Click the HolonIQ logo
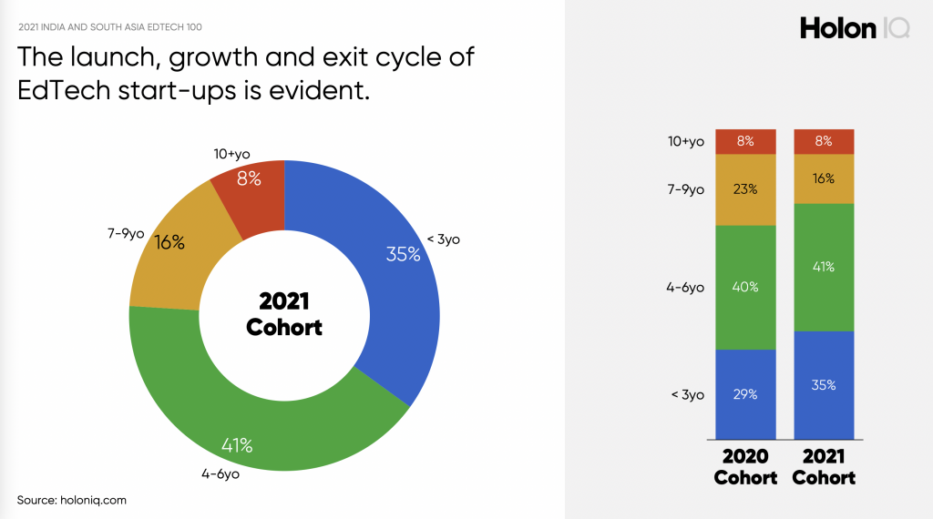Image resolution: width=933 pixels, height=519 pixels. pyautogui.click(x=855, y=28)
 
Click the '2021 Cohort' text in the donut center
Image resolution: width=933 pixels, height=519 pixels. pyautogui.click(x=284, y=314)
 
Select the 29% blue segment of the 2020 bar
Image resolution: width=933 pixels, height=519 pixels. pyautogui.click(x=745, y=394)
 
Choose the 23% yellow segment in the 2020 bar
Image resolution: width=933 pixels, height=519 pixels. pyautogui.click(x=745, y=189)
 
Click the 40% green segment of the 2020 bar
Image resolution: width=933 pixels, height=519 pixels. pyautogui.click(x=745, y=287)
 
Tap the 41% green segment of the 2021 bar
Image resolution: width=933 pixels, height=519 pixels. pyautogui.click(x=824, y=267)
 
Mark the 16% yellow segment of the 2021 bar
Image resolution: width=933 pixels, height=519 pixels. pyautogui.click(x=824, y=179)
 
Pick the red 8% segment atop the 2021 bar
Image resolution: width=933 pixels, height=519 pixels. pyautogui.click(x=824, y=141)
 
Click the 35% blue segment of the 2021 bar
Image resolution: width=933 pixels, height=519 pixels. pyautogui.click(x=824, y=385)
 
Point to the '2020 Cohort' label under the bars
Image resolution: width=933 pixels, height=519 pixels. pyautogui.click(x=745, y=467)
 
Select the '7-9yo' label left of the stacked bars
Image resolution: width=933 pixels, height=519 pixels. pyautogui.click(x=685, y=189)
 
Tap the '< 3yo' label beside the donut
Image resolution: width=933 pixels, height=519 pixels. pyautogui.click(x=444, y=239)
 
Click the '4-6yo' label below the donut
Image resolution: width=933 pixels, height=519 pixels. pyautogui.click(x=220, y=474)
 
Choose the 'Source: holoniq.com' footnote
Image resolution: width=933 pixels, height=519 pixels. pyautogui.click(x=71, y=500)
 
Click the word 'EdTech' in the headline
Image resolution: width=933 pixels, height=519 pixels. pyautogui.click(x=64, y=90)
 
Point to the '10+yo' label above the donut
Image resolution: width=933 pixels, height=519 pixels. pyautogui.click(x=232, y=155)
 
